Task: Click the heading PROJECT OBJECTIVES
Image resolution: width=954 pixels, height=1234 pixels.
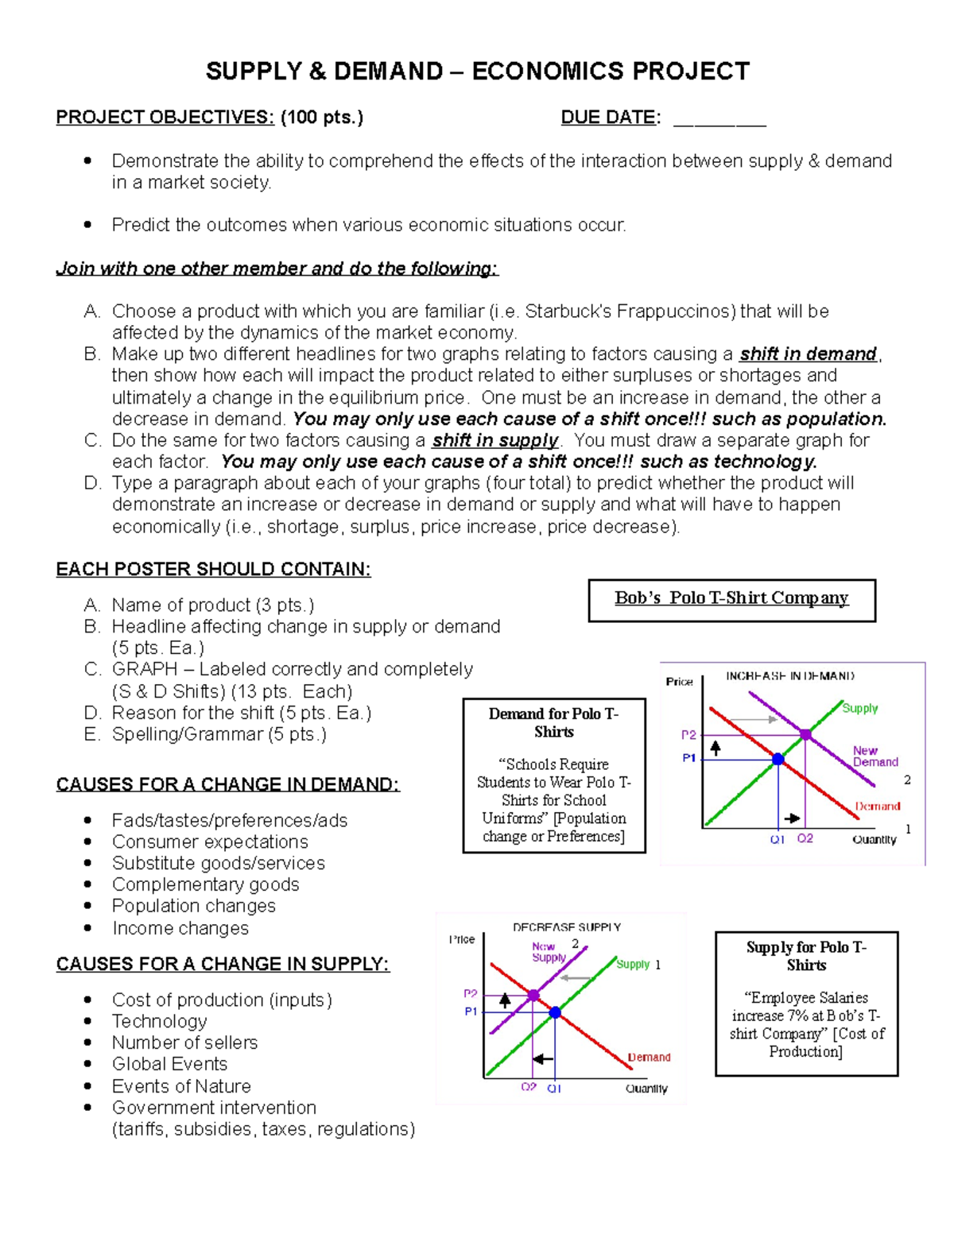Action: pos(165,118)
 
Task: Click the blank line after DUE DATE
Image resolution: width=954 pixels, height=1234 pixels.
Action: pos(719,119)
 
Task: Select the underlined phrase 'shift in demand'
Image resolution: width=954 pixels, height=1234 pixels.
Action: pos(808,354)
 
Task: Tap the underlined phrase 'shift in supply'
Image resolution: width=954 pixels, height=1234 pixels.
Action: pos(495,441)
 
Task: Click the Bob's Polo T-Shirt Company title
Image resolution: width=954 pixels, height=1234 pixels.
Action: pos(731,598)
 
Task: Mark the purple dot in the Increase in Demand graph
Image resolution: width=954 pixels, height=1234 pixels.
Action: pos(805,735)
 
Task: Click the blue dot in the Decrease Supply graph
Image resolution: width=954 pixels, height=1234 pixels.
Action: pos(555,1012)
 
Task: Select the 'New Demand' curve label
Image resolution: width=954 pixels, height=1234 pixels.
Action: pos(874,756)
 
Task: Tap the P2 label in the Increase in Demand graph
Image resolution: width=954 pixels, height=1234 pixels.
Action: pos(688,735)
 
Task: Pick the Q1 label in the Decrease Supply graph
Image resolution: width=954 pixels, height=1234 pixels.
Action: pos(554,1088)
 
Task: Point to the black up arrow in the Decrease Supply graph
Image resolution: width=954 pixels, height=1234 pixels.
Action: pos(505,1001)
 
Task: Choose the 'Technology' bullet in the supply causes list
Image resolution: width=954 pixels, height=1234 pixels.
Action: pos(159,1021)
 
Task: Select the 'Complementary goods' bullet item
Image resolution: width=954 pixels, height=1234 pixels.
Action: pos(205,884)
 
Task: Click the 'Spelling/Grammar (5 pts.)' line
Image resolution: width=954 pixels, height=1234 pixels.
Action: pos(219,734)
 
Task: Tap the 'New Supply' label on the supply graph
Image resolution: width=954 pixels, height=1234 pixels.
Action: pos(548,952)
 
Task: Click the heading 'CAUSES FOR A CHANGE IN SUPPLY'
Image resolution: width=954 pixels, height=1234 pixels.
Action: pos(223,964)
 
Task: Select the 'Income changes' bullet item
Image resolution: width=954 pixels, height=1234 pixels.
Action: pos(180,928)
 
